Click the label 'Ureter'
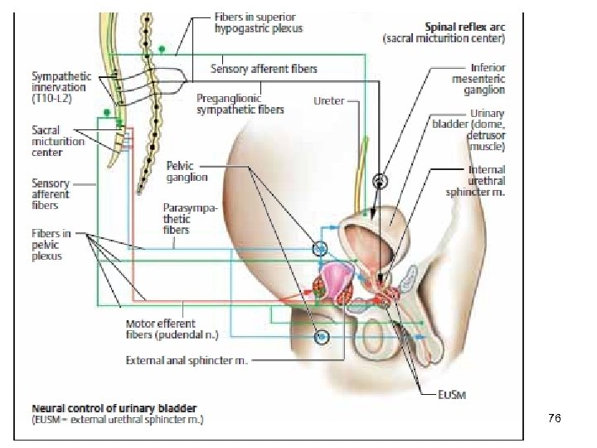[329, 100]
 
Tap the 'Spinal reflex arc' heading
[455, 26]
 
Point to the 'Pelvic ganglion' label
[187, 172]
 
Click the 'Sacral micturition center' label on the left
[58, 141]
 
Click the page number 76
[555, 420]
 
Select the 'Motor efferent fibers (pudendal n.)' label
[160, 329]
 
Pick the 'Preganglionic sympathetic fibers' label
[240, 103]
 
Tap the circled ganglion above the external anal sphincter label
[321, 337]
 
